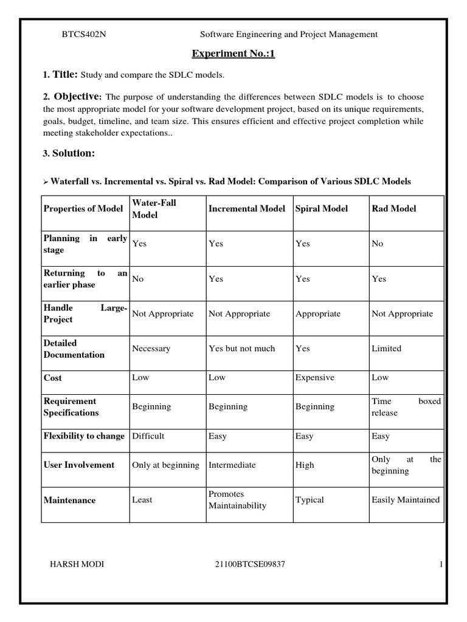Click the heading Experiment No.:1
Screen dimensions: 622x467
(x=233, y=54)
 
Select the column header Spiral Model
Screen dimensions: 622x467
(x=322, y=208)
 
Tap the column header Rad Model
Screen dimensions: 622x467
(x=393, y=208)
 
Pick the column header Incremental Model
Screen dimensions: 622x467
(x=246, y=208)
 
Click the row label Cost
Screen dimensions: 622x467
(x=52, y=378)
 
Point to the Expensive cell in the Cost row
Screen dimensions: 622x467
(x=314, y=378)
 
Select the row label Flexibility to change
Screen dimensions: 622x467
(x=84, y=436)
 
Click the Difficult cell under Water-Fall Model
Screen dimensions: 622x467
(x=148, y=436)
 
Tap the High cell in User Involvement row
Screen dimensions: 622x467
(x=305, y=465)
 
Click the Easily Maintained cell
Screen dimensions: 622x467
(x=405, y=500)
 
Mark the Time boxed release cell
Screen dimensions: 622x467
(x=406, y=407)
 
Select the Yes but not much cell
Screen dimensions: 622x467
(x=241, y=349)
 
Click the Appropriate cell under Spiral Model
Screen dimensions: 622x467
(x=318, y=314)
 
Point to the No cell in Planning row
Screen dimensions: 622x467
(x=378, y=244)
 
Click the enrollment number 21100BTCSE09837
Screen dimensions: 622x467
(x=250, y=564)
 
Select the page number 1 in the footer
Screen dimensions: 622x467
(x=439, y=564)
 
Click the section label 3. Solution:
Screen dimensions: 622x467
(x=69, y=154)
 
